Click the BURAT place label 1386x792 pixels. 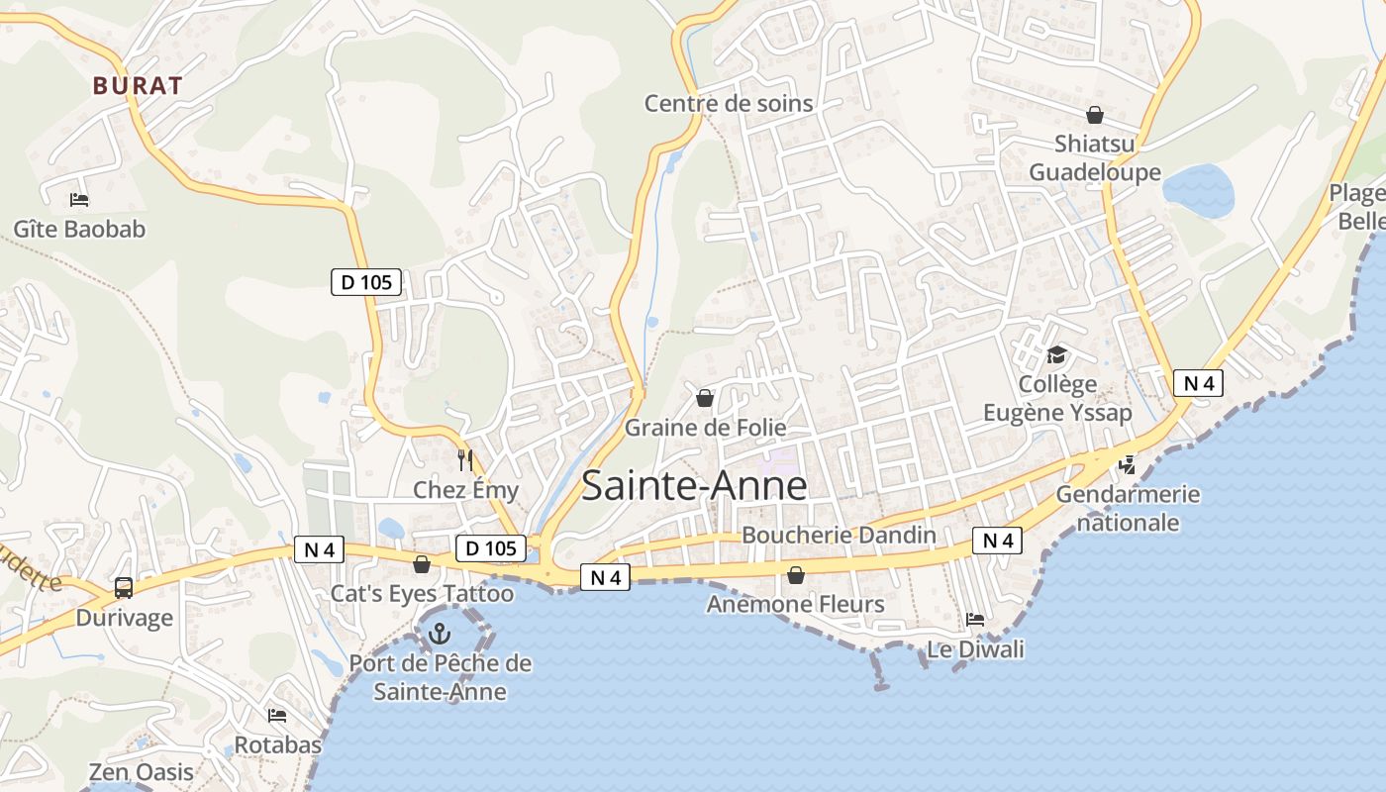(x=138, y=86)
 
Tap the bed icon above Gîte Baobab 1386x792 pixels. (x=80, y=200)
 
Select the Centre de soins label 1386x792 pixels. (x=729, y=103)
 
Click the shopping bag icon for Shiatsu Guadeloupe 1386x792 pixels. (x=1095, y=115)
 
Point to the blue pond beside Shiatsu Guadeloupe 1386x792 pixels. (x=1199, y=189)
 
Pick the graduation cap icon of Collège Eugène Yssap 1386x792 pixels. (x=1057, y=354)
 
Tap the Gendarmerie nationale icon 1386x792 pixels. (x=1127, y=464)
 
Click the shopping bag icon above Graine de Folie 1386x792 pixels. (x=705, y=398)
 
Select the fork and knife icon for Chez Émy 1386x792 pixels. (x=465, y=460)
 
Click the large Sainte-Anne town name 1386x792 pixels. (x=694, y=486)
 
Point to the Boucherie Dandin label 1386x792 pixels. (x=839, y=535)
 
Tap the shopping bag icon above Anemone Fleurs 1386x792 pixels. (x=796, y=574)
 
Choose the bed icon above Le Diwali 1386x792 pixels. (x=975, y=620)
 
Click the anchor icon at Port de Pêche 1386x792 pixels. (x=440, y=633)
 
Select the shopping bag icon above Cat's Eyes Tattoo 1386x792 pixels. (x=422, y=564)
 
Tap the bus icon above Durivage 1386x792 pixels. (x=124, y=588)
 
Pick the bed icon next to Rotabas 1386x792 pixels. (x=277, y=715)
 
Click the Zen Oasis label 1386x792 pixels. (x=142, y=772)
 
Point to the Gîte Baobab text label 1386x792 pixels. (x=79, y=230)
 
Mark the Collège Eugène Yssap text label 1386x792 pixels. (x=1057, y=398)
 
